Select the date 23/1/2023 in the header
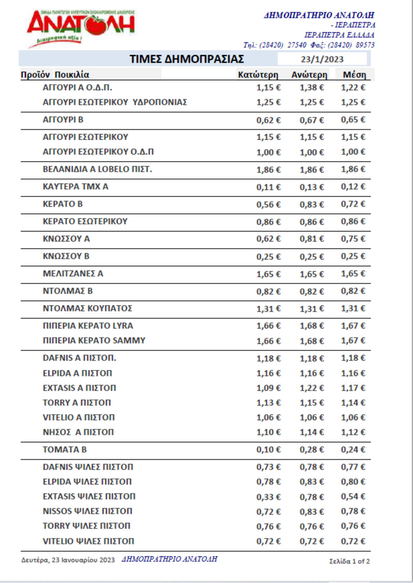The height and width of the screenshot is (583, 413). (x=322, y=59)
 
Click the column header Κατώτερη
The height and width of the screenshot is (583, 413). (x=258, y=75)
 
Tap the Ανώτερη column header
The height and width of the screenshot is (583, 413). (x=309, y=75)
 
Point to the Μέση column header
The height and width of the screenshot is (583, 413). (x=354, y=75)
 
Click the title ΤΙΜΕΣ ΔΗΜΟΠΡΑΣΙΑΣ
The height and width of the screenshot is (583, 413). (x=187, y=59)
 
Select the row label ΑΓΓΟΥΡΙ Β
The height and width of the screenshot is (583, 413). (x=63, y=120)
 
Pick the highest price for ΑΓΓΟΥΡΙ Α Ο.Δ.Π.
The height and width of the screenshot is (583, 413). (x=311, y=88)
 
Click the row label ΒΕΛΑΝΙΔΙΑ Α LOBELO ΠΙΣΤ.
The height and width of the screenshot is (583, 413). (x=97, y=169)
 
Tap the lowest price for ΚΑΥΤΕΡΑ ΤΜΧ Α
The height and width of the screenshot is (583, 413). (x=268, y=187)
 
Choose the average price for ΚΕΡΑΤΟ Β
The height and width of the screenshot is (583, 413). (x=353, y=204)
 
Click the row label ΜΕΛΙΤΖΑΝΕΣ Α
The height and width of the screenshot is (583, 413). (x=73, y=274)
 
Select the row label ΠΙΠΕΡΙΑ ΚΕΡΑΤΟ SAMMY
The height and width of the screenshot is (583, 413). (x=94, y=340)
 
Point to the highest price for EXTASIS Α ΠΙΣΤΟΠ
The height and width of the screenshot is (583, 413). (x=311, y=388)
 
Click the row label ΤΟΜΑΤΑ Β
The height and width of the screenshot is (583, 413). (x=65, y=449)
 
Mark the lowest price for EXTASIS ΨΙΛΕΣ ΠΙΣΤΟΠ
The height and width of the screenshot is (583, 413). (x=268, y=497)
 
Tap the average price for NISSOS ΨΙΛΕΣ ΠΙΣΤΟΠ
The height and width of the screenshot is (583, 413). (x=353, y=511)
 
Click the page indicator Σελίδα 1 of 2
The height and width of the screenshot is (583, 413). (x=349, y=561)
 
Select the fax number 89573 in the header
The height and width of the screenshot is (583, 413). (x=365, y=45)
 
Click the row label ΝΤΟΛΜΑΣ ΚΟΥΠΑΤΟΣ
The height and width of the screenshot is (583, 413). (x=87, y=308)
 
